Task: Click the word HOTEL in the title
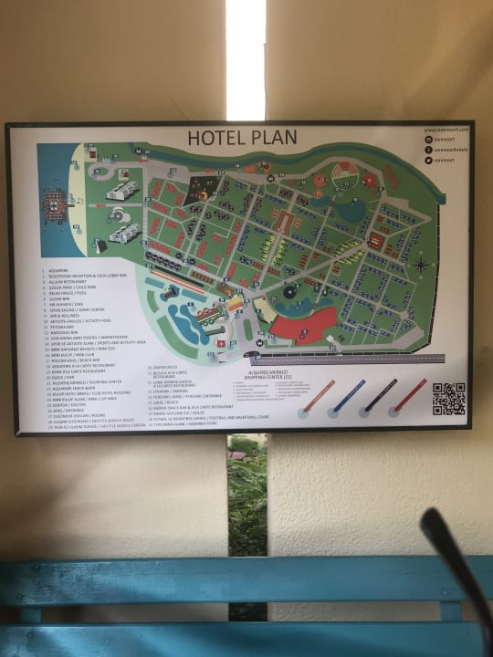click(212, 139)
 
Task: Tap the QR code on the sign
click(448, 399)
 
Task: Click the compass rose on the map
click(420, 266)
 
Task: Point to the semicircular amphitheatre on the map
click(344, 173)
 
